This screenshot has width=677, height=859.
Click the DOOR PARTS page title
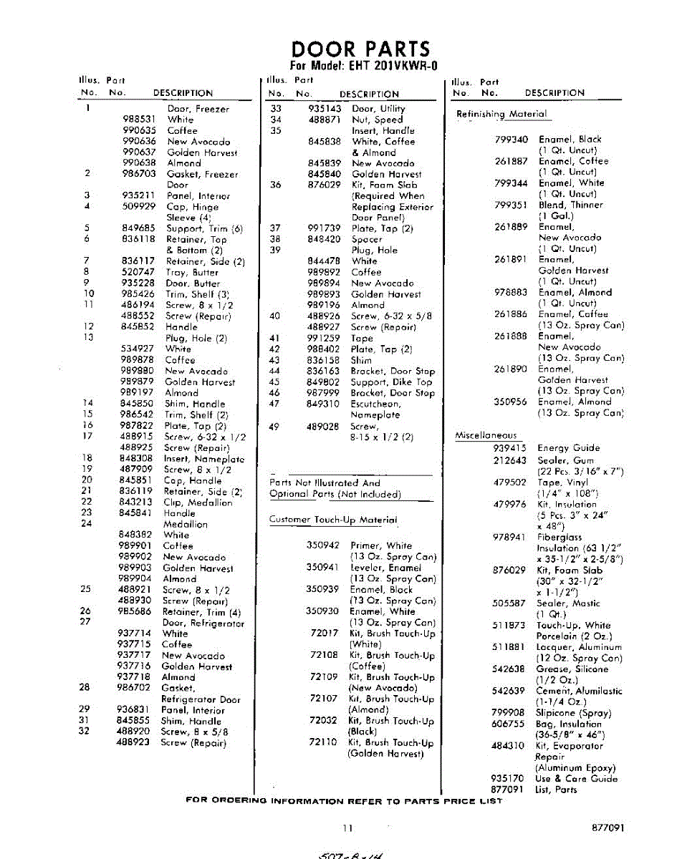coord(360,49)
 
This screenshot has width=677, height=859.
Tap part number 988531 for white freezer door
coord(139,120)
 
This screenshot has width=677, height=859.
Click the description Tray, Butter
coord(193,272)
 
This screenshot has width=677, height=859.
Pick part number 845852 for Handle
coord(138,326)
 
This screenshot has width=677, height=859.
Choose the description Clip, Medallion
coord(198,503)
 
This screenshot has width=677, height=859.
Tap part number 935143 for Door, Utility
coord(324,109)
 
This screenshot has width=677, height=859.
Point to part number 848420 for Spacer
coord(324,239)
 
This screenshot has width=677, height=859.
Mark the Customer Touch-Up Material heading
coord(332,520)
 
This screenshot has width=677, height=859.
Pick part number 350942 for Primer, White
coord(322,545)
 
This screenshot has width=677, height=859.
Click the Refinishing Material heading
coord(501,114)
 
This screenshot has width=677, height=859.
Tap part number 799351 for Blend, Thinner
coord(511,205)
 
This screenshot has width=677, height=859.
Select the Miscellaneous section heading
coord(486,435)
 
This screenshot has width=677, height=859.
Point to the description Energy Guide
coord(569,448)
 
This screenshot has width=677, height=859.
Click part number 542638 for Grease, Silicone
coord(509,669)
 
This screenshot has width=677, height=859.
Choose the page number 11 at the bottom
coord(347,828)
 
